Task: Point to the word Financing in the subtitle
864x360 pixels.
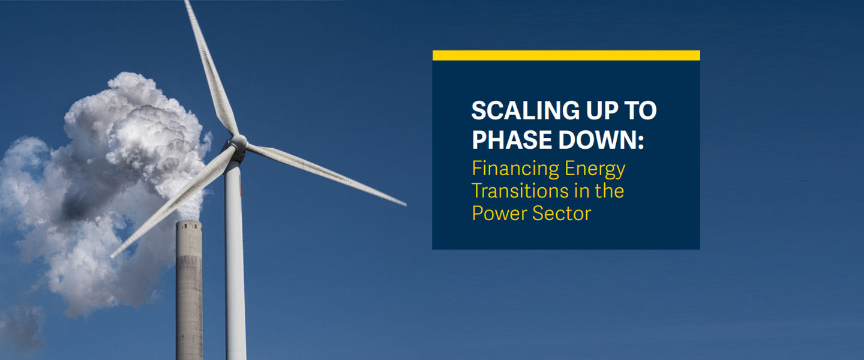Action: [x=508, y=169]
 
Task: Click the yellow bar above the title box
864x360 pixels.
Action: [x=566, y=55]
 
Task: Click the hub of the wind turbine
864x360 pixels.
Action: [x=238, y=142]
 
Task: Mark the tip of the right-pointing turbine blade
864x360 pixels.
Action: [x=404, y=204]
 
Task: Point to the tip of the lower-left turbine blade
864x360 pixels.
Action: [x=113, y=255]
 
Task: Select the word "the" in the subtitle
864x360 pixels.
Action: [x=608, y=191]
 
